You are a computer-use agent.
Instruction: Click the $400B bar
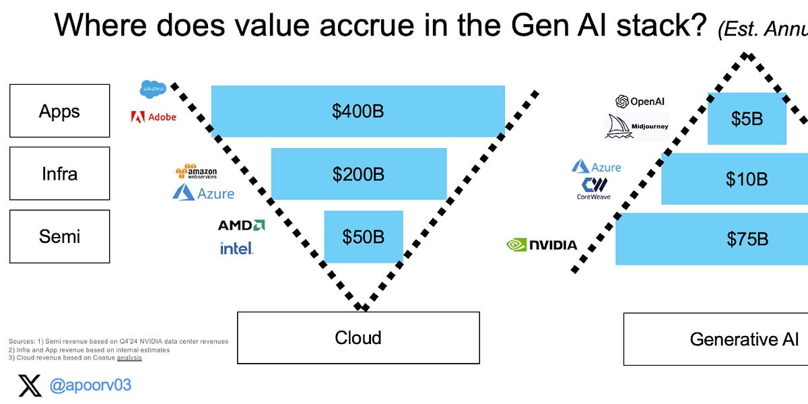coord(358,112)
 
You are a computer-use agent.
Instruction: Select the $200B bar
coord(358,174)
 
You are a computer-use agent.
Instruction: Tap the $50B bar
coord(364,237)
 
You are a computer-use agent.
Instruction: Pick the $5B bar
coord(747,119)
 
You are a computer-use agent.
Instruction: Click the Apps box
coord(59,111)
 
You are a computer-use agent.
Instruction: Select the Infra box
coord(59,174)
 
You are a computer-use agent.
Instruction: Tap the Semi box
coord(59,236)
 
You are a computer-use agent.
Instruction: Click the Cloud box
coord(358,337)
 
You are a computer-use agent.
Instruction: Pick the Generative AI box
coord(716,339)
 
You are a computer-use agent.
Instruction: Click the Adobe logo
coord(154,117)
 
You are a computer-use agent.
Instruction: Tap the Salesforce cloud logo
coord(153,88)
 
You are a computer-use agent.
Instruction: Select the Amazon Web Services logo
coord(196,172)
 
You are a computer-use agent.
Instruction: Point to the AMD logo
coord(241,225)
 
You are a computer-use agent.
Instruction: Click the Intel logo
coord(236,248)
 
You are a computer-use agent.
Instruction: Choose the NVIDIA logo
coord(541,244)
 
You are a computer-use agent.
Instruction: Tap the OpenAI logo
coord(640,102)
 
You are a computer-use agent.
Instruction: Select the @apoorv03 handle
coord(90,386)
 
